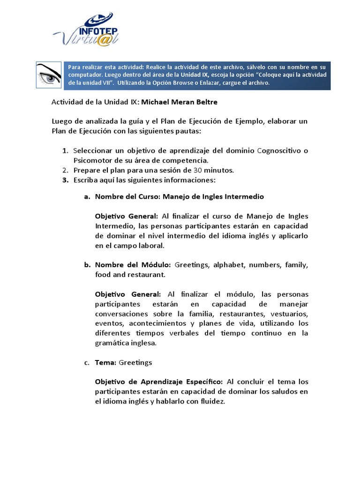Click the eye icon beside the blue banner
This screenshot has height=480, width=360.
49,75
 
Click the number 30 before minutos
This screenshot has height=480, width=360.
192,170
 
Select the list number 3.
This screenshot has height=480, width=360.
65,180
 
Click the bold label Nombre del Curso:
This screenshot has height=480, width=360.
127,197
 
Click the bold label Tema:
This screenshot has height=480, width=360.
106,362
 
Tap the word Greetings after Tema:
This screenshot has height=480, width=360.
135,362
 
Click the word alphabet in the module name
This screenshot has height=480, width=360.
229,265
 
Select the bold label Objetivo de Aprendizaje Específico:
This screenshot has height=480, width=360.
158,382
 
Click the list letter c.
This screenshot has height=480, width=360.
86,362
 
